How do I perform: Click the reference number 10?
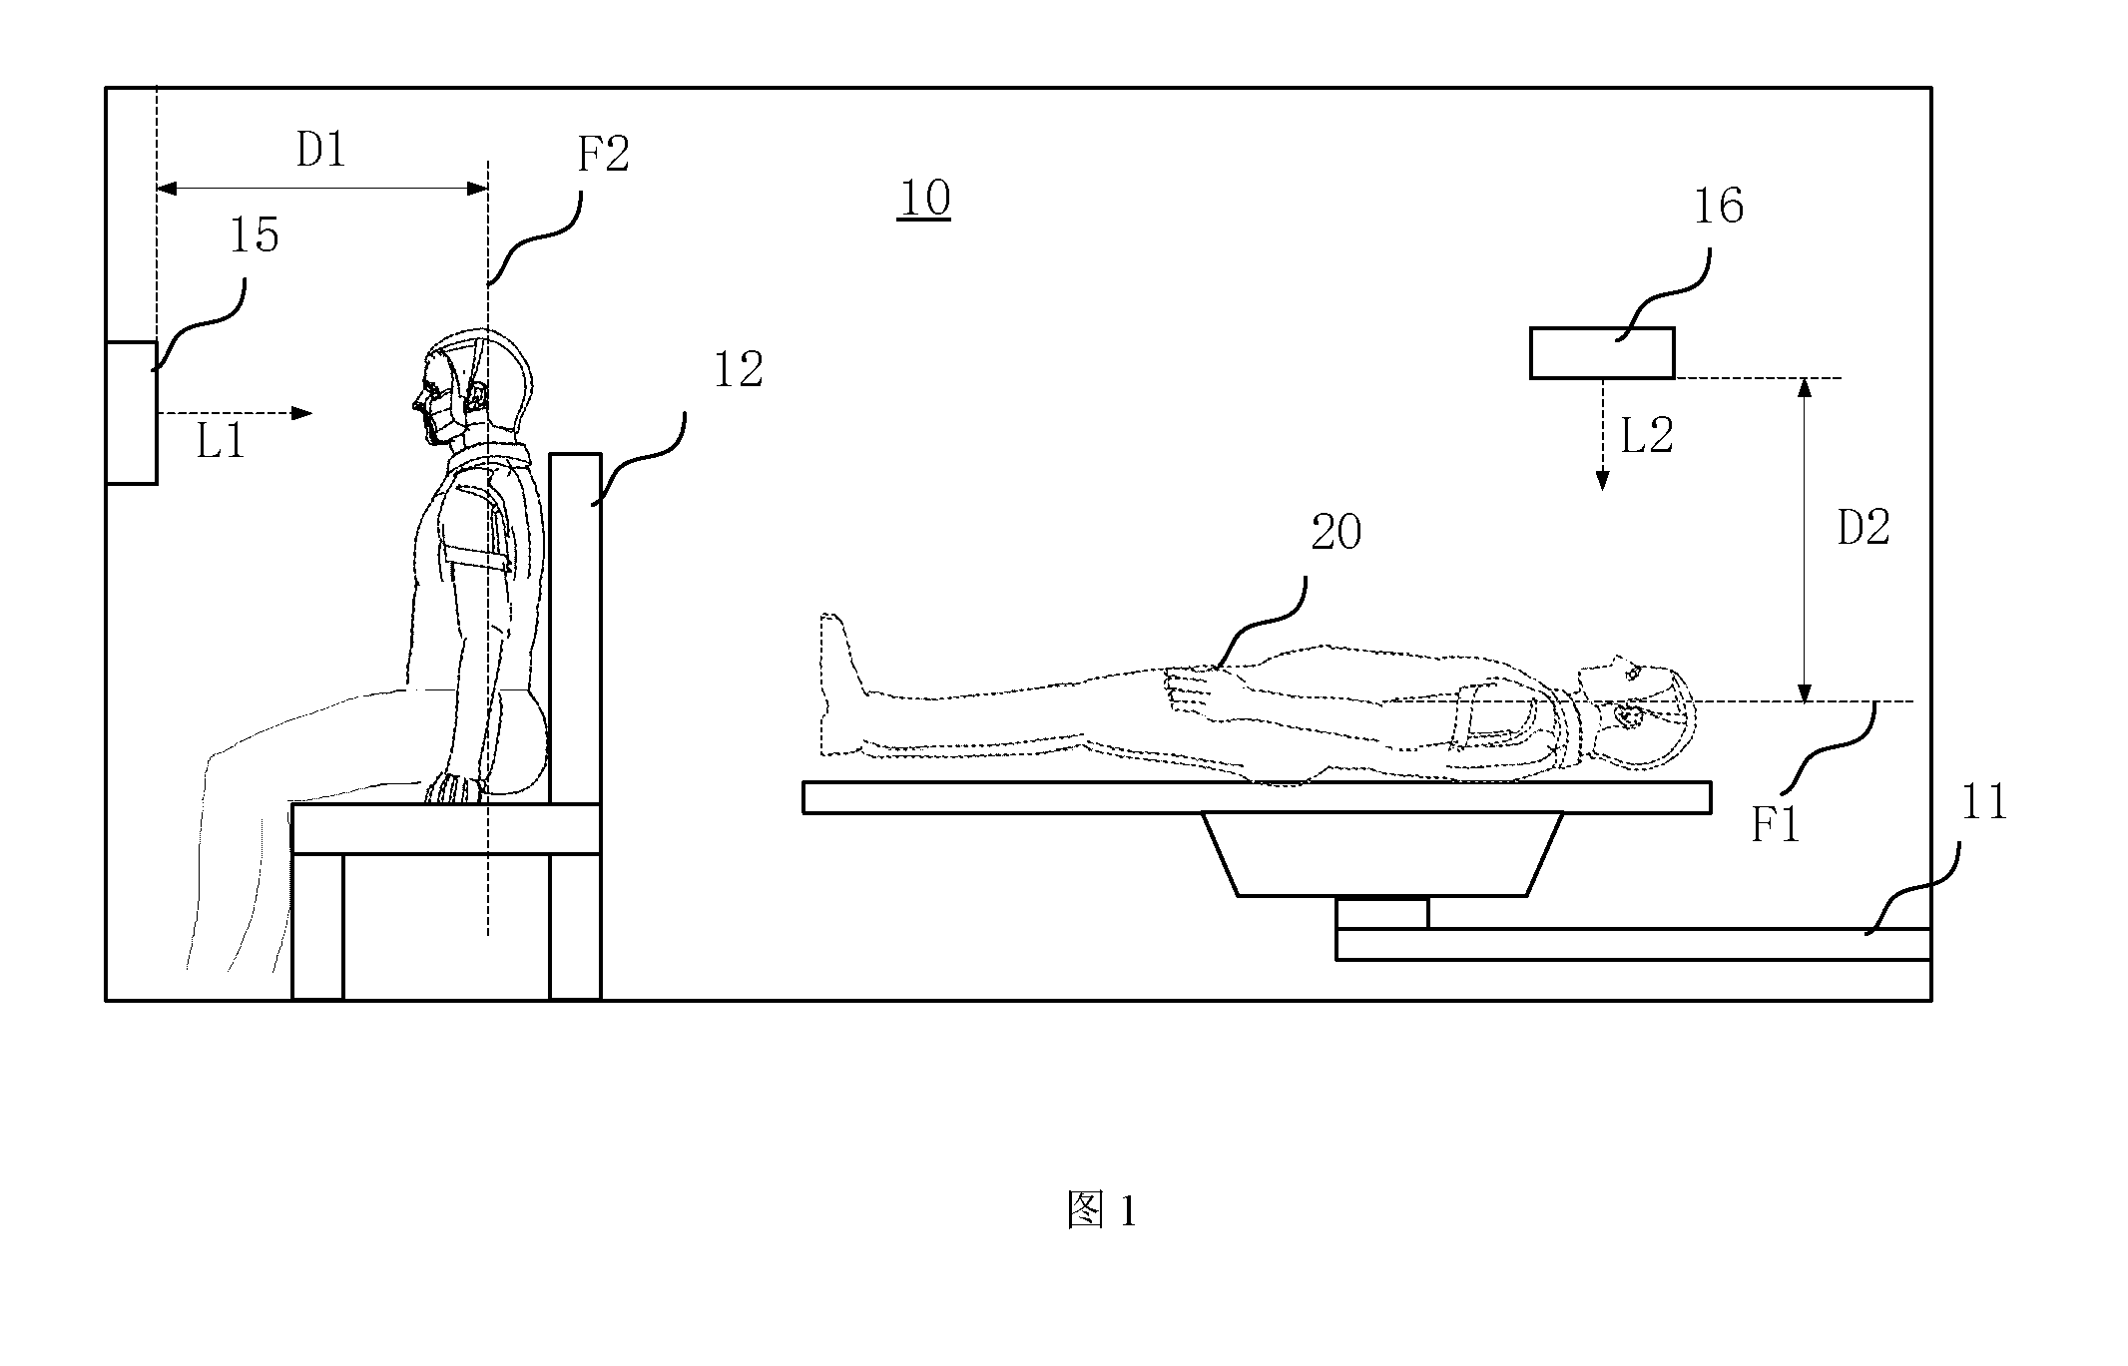924,199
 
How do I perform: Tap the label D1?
320,150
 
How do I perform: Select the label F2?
604,155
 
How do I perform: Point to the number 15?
254,235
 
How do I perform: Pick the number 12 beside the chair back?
738,370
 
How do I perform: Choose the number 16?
1718,207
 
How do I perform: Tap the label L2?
1647,436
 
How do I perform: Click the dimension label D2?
1863,528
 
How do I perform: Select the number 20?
1335,533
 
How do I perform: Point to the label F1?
1776,826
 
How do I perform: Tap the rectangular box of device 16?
1602,353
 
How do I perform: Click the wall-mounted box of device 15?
132,413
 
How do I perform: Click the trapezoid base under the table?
1382,854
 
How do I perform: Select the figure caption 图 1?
1101,1211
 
